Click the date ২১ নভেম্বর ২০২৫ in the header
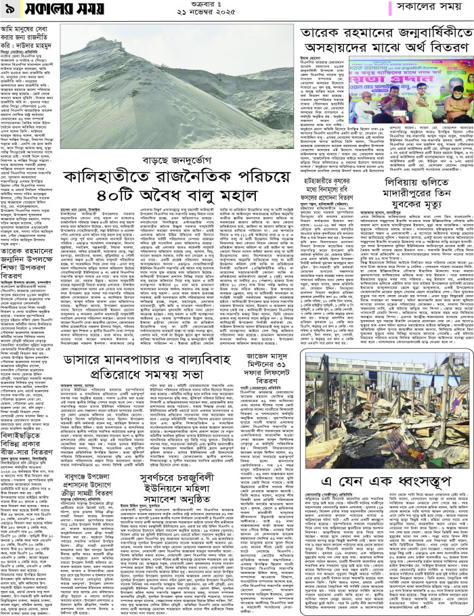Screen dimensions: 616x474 [x=236, y=14]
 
